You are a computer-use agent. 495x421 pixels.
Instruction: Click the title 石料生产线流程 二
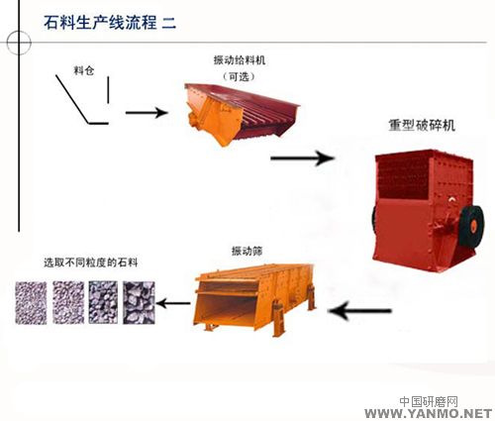coord(110,23)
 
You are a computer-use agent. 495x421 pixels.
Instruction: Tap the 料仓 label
coord(84,70)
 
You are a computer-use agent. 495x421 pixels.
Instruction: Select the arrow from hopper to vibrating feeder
coord(147,113)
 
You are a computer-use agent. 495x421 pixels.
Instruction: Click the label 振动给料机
coord(240,60)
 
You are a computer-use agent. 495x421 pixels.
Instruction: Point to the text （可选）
coord(240,77)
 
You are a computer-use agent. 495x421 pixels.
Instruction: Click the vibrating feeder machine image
coord(242,114)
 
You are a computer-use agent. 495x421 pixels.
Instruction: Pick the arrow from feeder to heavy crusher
coord(302,158)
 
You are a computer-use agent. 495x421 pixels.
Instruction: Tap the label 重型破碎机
coord(422,126)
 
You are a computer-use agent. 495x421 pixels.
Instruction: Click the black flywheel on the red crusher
coord(472,225)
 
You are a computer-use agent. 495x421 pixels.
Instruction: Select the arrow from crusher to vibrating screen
coord(360,311)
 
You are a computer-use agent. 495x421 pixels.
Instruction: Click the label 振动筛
coord(247,252)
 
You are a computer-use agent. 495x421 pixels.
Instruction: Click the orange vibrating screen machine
coord(254,298)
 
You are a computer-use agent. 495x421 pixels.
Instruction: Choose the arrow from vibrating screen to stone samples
coord(173,303)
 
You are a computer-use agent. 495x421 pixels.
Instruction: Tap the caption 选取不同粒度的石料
coord(91,263)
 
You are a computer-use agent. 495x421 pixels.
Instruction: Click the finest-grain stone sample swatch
coord(31,302)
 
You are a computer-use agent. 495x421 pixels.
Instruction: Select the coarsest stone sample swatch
coord(139,302)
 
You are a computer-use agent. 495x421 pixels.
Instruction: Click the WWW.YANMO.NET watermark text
coord(428,413)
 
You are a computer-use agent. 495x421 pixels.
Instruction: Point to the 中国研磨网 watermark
coord(429,402)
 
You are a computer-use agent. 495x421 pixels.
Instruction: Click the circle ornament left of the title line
coord(19,43)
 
